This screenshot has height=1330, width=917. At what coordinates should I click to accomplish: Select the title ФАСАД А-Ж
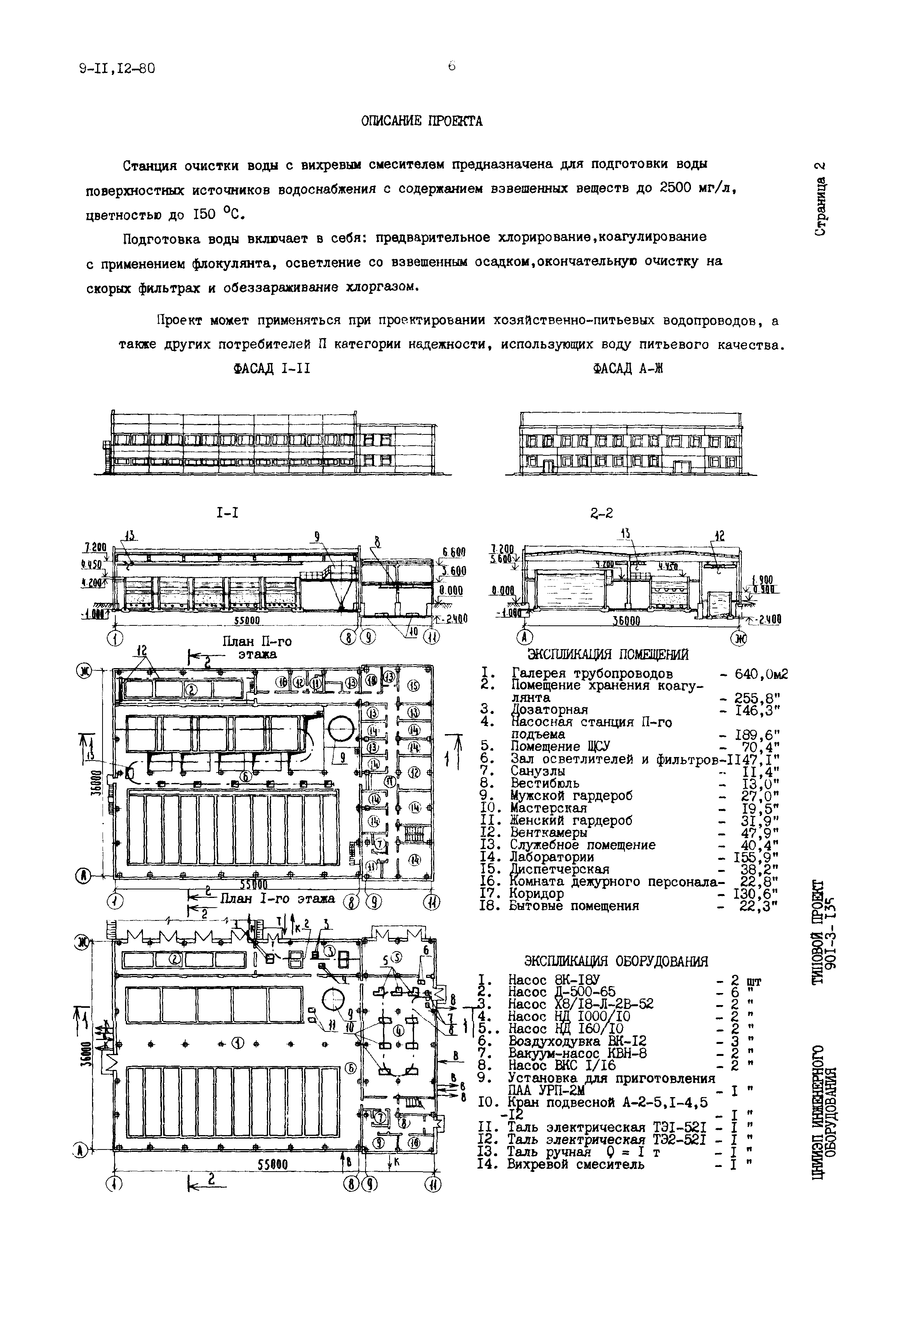(628, 369)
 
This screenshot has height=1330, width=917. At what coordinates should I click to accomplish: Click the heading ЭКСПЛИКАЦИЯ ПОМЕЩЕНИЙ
(608, 655)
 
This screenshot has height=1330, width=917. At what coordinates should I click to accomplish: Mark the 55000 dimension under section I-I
(248, 621)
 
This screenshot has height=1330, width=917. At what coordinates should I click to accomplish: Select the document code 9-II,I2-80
(117, 69)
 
